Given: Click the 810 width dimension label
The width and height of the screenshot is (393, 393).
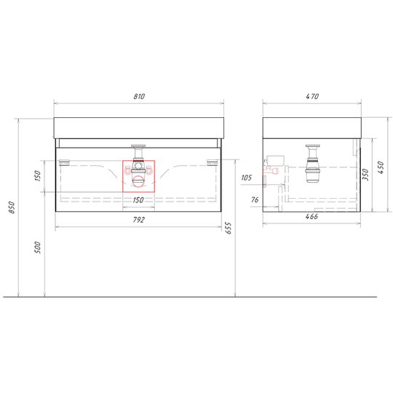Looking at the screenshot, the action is (x=139, y=97).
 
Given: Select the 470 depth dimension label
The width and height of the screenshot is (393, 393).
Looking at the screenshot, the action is (x=312, y=97).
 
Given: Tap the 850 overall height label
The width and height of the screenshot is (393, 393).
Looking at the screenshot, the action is (x=12, y=207).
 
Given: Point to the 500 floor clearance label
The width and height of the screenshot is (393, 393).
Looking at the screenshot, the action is (x=37, y=247).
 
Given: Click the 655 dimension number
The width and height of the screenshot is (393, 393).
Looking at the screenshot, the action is (x=229, y=228).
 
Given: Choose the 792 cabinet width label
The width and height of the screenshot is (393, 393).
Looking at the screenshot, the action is (x=139, y=220).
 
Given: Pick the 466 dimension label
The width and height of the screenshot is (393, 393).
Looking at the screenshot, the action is (x=311, y=217).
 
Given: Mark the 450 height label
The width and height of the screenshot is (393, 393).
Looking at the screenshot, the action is (x=380, y=167).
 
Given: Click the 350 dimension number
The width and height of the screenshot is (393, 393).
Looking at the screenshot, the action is (x=365, y=175).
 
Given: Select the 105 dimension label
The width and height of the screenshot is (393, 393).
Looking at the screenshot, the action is (x=246, y=178).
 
